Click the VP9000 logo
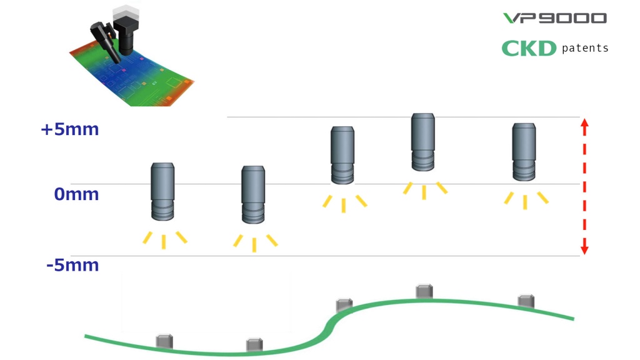(555, 18)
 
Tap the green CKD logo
(529, 49)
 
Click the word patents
(585, 48)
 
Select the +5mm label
(70, 129)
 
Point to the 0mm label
(76, 194)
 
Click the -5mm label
(72, 265)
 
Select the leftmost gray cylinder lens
(162, 191)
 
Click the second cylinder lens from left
(253, 194)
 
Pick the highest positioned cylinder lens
(423, 142)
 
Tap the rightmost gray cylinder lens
(524, 152)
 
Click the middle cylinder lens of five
(342, 155)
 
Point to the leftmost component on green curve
(164, 341)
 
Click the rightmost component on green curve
(526, 301)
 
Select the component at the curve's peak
(424, 291)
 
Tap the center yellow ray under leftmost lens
(164, 242)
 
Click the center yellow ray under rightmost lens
(525, 202)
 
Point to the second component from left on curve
(254, 345)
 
